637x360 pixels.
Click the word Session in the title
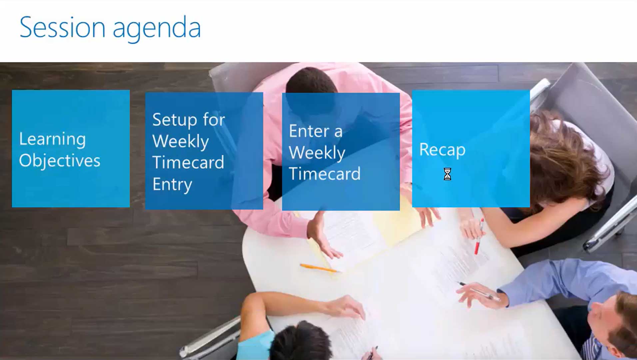click(x=63, y=27)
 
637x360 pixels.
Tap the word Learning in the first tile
click(x=52, y=139)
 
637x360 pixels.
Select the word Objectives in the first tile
click(x=60, y=161)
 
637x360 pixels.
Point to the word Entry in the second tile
click(x=172, y=185)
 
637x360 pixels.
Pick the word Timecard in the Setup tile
click(x=188, y=162)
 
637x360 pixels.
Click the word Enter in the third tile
click(x=309, y=131)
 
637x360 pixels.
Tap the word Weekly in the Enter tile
click(x=317, y=153)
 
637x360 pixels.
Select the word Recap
click(x=442, y=150)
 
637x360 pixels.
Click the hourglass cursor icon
click(x=447, y=174)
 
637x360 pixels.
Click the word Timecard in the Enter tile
click(x=324, y=174)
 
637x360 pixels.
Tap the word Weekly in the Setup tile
click(x=181, y=141)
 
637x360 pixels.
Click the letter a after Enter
click(x=338, y=132)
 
